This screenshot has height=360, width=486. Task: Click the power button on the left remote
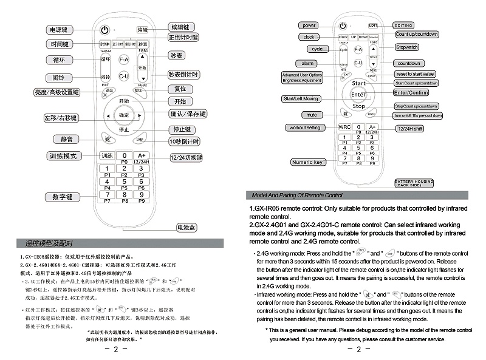pos(105,30)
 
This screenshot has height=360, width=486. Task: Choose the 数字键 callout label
pos(63,197)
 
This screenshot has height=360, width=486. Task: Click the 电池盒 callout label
pos(186,228)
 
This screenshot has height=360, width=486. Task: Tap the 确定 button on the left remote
pos(124,115)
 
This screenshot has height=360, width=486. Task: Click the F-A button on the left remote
pos(124,60)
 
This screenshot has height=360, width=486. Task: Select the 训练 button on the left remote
pos(106,155)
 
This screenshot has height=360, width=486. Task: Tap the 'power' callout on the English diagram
pos(309,25)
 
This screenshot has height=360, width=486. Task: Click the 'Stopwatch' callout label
pos(407,47)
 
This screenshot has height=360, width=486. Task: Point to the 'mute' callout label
pos(312,115)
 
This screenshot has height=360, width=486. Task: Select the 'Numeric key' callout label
pos(308,162)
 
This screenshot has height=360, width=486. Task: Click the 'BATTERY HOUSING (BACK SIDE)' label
pos(414,183)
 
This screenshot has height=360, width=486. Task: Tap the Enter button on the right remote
pos(358,94)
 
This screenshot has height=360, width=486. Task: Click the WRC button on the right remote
pos(344,127)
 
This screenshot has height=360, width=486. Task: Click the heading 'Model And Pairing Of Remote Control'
pos(297,195)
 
